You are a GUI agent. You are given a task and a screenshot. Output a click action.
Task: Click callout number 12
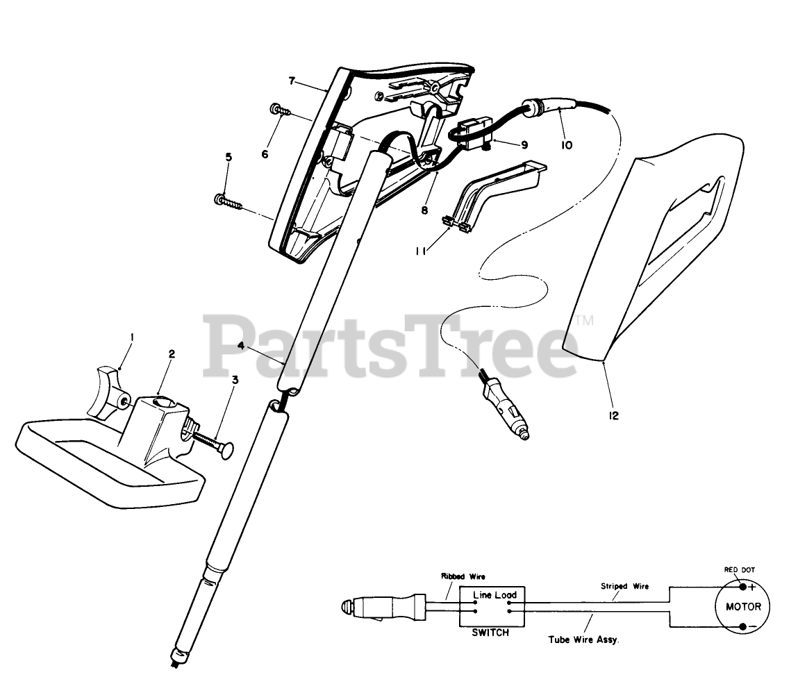pyautogui.click(x=613, y=416)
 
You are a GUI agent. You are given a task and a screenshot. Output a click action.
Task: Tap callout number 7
pyautogui.click(x=292, y=81)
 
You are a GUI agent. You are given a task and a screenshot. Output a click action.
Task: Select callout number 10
pyautogui.click(x=567, y=145)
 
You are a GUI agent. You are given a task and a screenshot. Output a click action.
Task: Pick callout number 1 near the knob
pyautogui.click(x=133, y=337)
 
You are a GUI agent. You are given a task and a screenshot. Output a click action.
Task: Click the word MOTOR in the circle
pyautogui.click(x=743, y=606)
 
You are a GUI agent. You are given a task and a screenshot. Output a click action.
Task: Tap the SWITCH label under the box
pyautogui.click(x=490, y=633)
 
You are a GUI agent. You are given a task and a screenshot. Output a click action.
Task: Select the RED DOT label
pyautogui.click(x=739, y=569)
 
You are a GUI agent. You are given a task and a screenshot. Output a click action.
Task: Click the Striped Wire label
pyautogui.click(x=624, y=586)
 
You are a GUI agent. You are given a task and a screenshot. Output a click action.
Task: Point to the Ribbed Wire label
pyautogui.click(x=463, y=576)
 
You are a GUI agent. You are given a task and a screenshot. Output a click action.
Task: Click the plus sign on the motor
pyautogui.click(x=750, y=587)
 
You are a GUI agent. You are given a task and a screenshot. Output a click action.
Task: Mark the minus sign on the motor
pyautogui.click(x=751, y=627)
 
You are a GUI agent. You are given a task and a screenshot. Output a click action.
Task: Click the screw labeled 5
pyautogui.click(x=229, y=203)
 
